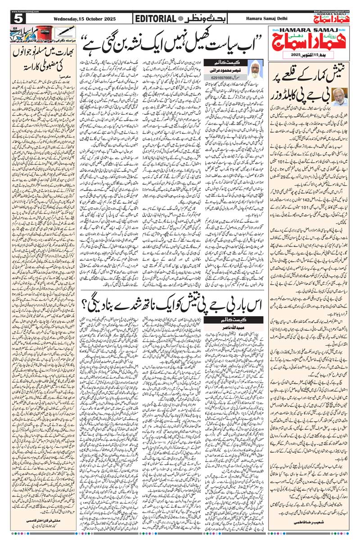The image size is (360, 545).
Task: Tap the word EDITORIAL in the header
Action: (x=156, y=18)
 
